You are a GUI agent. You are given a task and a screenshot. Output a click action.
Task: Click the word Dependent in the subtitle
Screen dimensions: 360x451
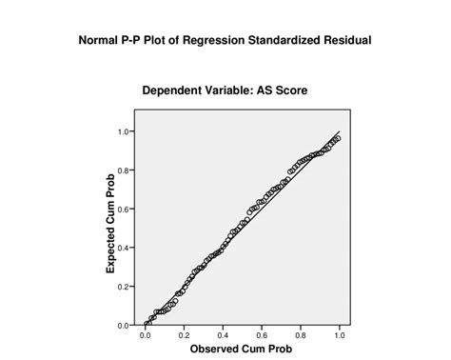(176, 91)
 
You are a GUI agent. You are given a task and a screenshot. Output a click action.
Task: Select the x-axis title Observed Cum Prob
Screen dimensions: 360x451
(242, 350)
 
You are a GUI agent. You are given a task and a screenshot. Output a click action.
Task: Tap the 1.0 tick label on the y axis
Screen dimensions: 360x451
(124, 131)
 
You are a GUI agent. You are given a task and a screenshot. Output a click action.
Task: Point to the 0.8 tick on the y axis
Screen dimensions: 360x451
(124, 170)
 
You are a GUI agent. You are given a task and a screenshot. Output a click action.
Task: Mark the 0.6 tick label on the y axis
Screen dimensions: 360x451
(124, 210)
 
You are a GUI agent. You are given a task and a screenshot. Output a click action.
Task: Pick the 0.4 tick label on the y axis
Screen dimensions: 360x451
(124, 248)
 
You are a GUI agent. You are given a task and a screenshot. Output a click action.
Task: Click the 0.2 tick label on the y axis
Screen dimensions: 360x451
(124, 287)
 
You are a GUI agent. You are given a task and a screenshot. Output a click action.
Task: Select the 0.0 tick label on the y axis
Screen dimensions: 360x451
(124, 326)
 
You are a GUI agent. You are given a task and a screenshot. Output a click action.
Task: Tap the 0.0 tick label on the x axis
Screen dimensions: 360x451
(146, 335)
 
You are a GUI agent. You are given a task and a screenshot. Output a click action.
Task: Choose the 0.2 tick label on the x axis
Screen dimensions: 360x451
(184, 335)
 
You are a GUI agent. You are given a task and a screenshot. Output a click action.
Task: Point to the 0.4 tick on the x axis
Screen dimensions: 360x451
(223, 335)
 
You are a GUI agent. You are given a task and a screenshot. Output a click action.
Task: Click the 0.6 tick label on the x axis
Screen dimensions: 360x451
(262, 335)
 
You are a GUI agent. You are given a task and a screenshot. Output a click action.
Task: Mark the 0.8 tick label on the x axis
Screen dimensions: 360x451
(301, 335)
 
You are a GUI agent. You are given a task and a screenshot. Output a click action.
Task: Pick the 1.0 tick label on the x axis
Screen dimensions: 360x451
(339, 335)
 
